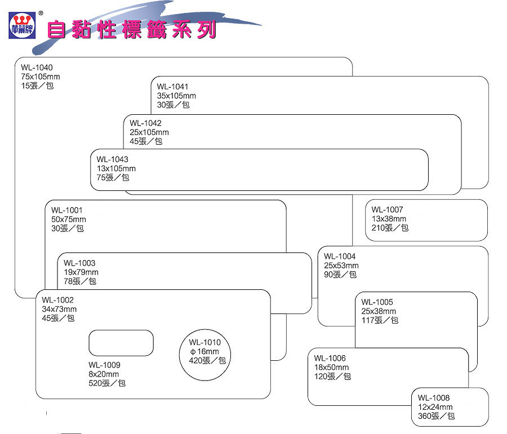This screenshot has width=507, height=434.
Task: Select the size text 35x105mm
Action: (x=176, y=96)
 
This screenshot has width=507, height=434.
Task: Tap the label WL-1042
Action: (x=145, y=123)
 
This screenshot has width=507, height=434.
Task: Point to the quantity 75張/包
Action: (x=113, y=178)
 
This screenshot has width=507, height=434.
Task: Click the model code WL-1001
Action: (x=66, y=210)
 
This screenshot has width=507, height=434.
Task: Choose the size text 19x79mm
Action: (x=81, y=272)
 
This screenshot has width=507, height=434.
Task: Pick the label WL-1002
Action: (x=57, y=300)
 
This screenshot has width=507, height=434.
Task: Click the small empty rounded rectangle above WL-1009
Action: (x=121, y=343)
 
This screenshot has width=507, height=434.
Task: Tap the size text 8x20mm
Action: (x=104, y=374)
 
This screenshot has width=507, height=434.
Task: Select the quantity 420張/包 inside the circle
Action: (x=207, y=361)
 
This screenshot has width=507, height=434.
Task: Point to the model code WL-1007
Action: (x=387, y=210)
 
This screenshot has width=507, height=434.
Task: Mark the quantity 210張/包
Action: (x=390, y=228)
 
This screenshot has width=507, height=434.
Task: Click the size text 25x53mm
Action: (x=341, y=266)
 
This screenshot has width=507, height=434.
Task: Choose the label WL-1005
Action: (x=377, y=302)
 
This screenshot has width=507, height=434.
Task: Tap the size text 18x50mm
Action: (x=332, y=368)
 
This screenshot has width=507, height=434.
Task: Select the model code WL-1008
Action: (x=434, y=398)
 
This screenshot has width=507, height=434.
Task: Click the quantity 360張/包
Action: (x=436, y=416)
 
